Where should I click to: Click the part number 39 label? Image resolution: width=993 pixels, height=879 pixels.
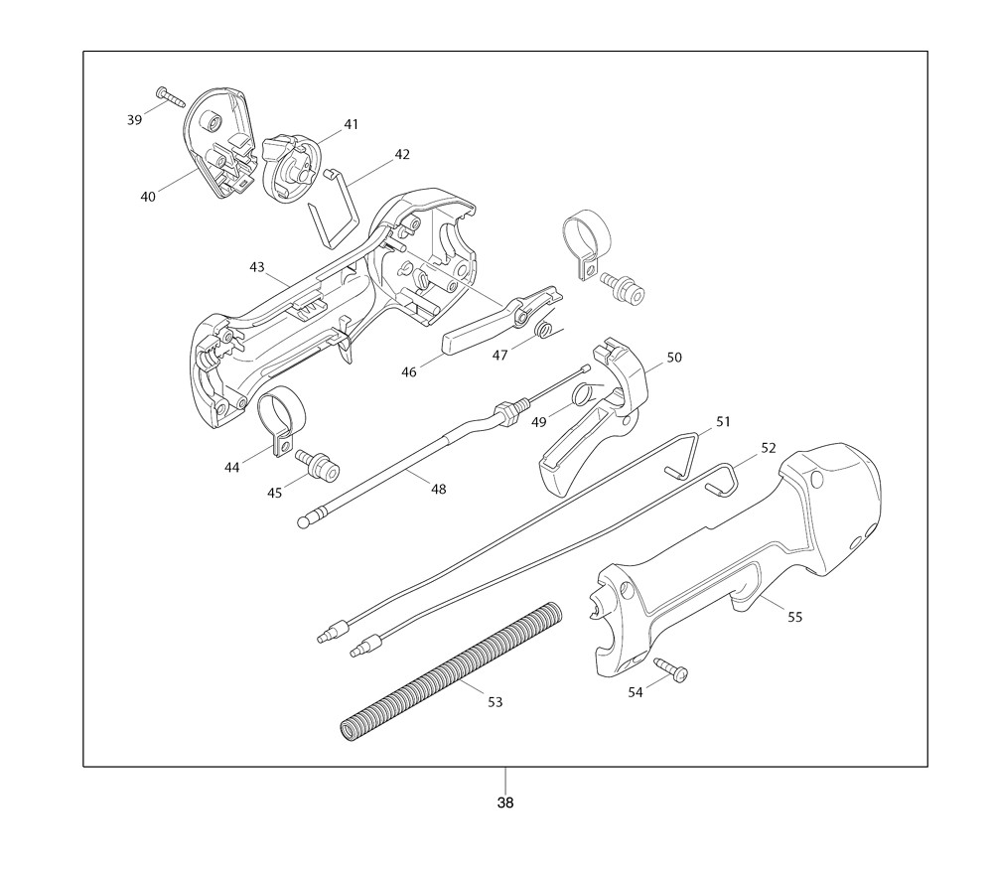pos(134,120)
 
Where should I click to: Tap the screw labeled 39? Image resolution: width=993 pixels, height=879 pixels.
pos(170,97)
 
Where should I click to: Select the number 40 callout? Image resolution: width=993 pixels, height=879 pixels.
pos(148,197)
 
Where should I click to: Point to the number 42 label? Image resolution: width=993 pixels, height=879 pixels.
pos(402,155)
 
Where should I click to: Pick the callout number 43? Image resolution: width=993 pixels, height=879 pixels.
pos(256,267)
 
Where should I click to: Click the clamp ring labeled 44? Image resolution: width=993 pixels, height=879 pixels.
pos(280,419)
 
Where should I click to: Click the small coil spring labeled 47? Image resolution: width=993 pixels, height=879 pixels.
pos(544,330)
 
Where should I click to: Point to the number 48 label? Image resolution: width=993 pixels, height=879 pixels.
pos(438,489)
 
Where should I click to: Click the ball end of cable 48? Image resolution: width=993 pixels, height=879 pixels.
pos(303,523)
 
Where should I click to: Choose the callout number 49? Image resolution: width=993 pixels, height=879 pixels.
pos(539,422)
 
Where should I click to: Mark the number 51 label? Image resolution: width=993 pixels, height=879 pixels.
pos(723,422)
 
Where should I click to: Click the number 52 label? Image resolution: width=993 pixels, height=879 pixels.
pos(769,448)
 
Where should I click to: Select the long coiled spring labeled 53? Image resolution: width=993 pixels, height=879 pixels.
pos(451,672)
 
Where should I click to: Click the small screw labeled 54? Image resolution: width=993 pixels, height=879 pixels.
pos(671,670)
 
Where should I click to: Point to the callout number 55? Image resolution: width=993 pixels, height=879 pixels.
pos(794,617)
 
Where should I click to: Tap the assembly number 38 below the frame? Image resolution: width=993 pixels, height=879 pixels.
pos(505,803)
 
